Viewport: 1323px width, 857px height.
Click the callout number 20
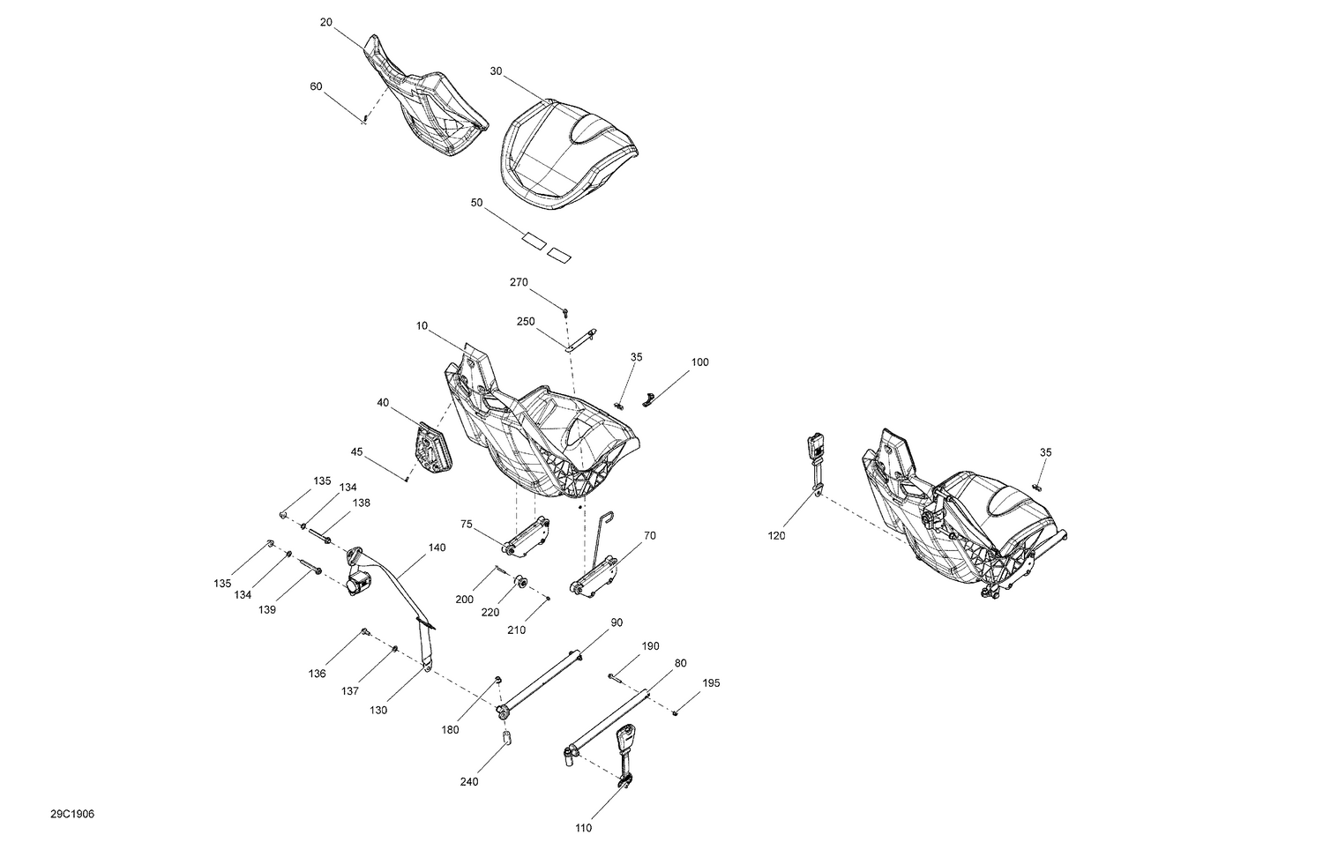tap(326, 23)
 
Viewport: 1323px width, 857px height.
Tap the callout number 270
tap(519, 283)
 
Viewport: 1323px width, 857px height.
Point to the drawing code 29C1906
tap(72, 814)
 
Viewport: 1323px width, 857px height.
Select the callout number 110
tap(583, 828)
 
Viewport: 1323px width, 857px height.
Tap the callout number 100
tap(699, 362)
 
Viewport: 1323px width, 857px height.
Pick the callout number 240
tap(469, 782)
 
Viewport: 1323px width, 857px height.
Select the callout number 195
tap(711, 683)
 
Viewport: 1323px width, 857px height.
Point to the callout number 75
tap(467, 524)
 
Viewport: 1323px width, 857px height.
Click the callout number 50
tap(477, 203)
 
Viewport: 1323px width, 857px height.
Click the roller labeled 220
tap(519, 583)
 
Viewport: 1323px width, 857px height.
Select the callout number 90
tap(617, 622)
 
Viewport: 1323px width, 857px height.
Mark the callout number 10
tap(422, 326)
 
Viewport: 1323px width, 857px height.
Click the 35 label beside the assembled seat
tap(1045, 452)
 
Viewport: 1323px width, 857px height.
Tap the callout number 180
tap(450, 730)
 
